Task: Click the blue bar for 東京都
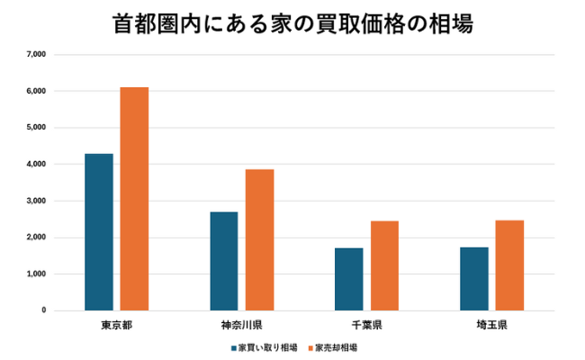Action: click(x=99, y=232)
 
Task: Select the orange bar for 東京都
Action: click(x=134, y=199)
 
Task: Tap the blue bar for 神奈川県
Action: click(x=224, y=261)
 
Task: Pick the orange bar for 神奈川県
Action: click(x=259, y=240)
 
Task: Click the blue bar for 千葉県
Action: click(x=348, y=279)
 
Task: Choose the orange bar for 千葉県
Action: click(x=384, y=265)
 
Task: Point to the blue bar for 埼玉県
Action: click(x=473, y=279)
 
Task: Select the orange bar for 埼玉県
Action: click(x=509, y=265)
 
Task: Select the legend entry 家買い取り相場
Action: click(x=265, y=346)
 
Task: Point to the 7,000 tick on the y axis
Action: click(x=36, y=55)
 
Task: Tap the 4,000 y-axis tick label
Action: click(x=36, y=165)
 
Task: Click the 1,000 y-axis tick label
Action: click(x=36, y=274)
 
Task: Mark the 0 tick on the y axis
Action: click(x=43, y=310)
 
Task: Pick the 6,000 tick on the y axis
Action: click(x=36, y=91)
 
